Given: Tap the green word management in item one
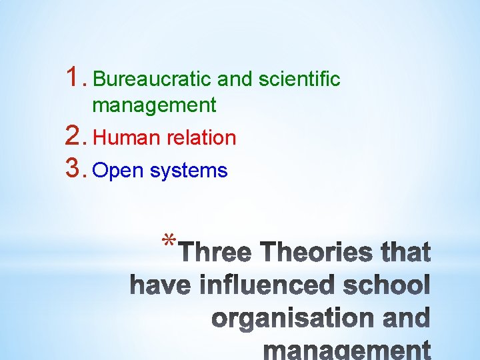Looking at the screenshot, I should [x=154, y=105].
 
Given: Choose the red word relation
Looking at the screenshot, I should [x=202, y=138].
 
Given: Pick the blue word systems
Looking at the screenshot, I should [x=189, y=171].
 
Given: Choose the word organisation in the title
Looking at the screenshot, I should [x=295, y=318].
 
